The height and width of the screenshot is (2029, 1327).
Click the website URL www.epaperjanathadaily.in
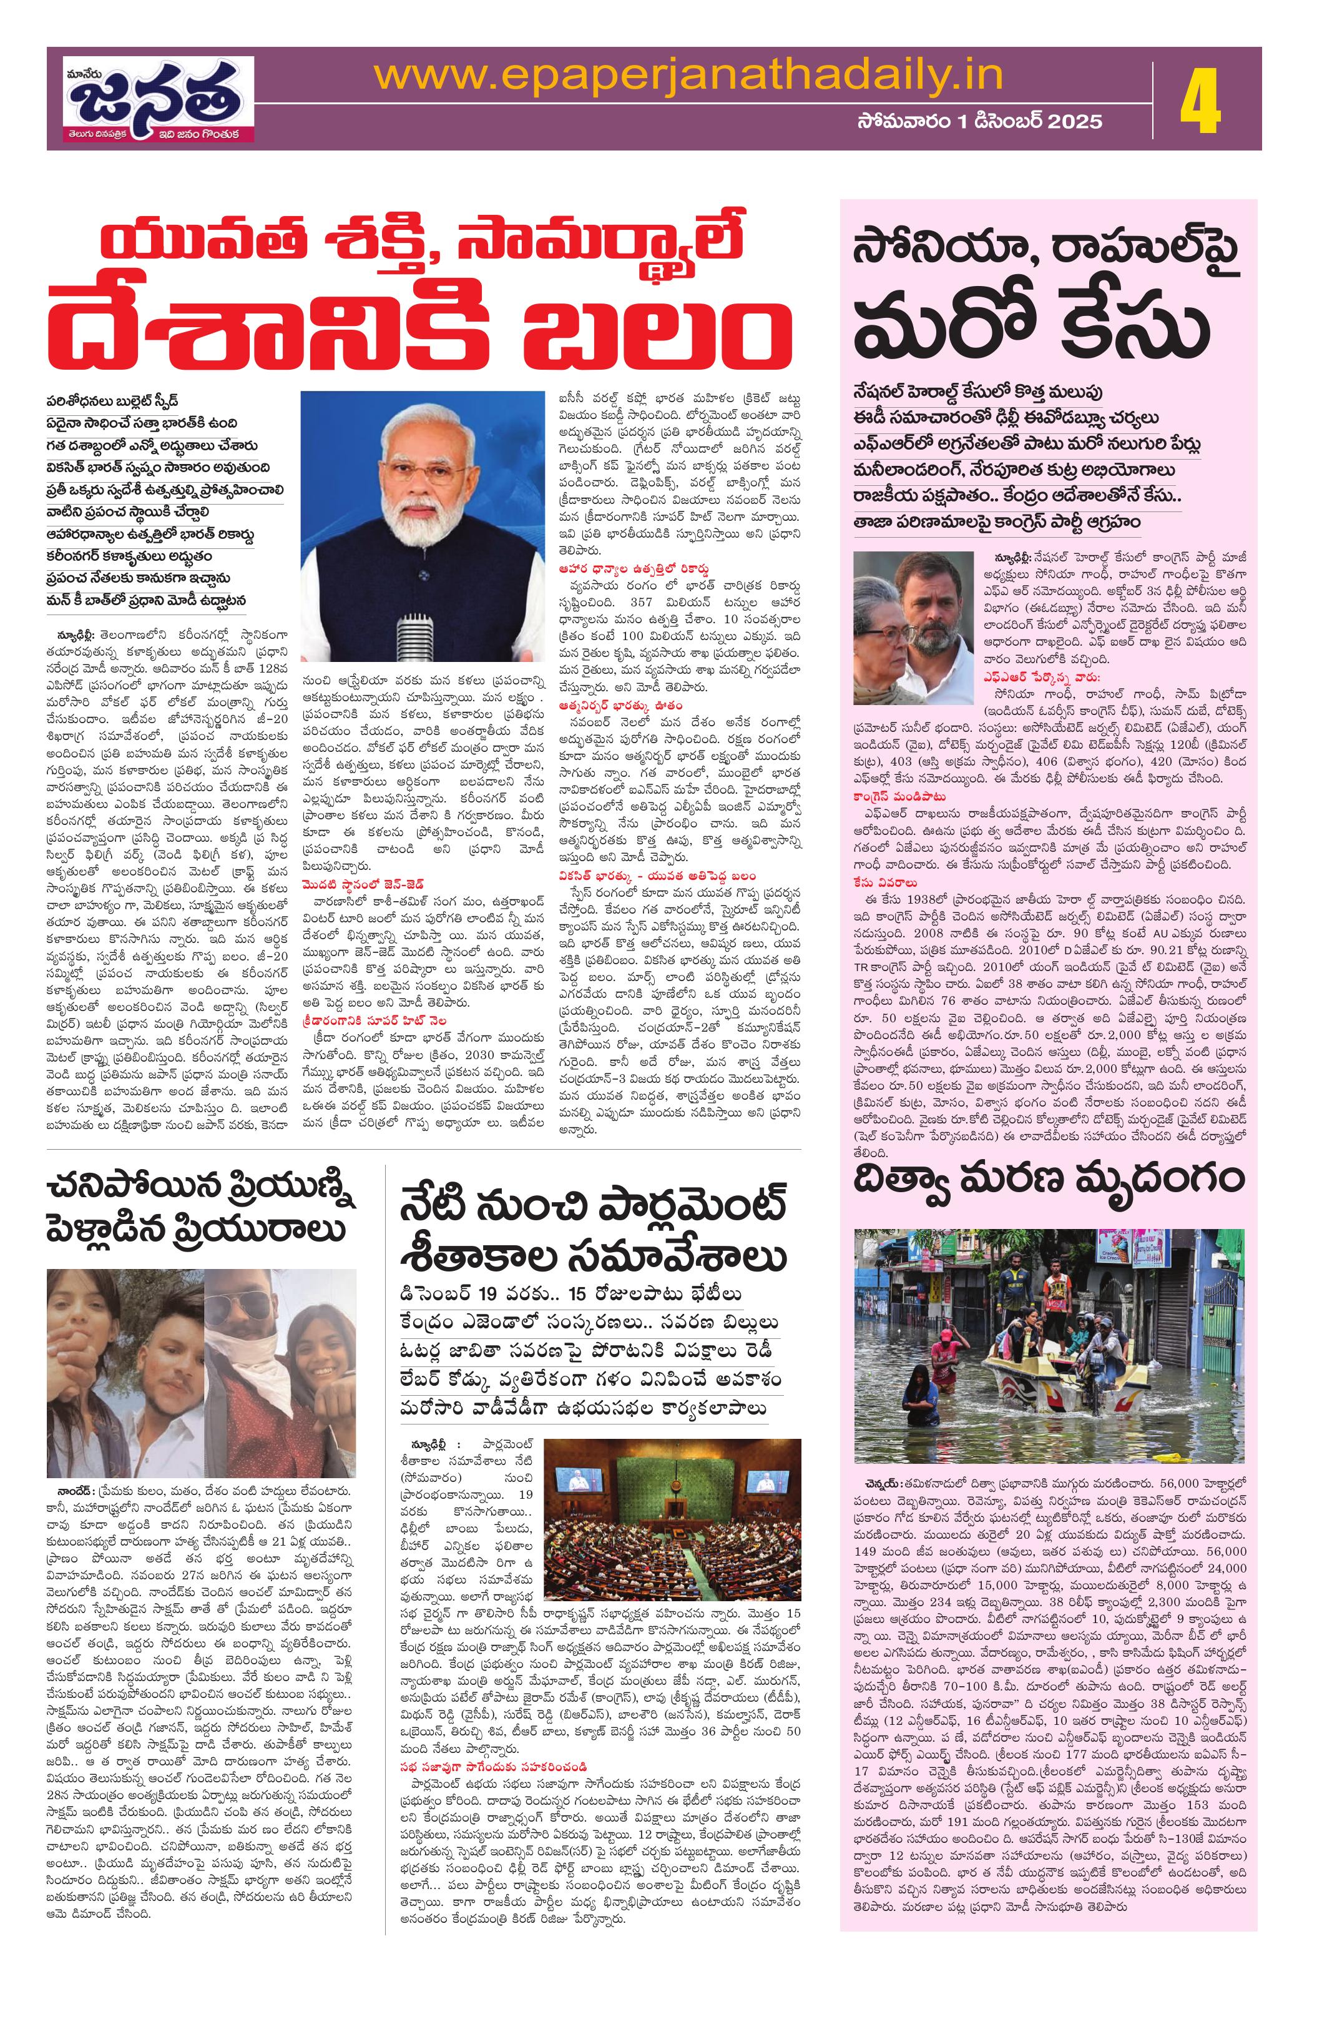[688, 77]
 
